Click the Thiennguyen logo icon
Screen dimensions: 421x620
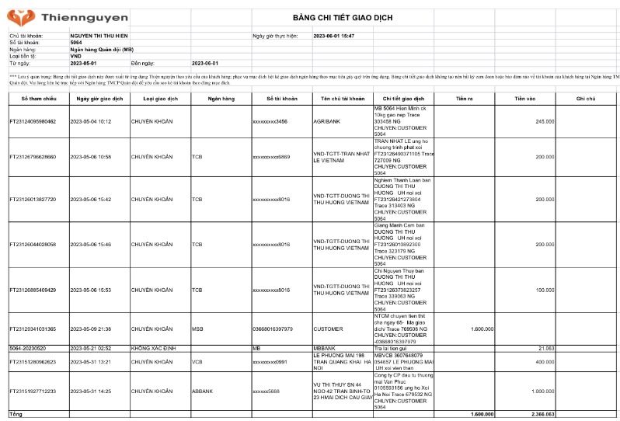tap(17, 15)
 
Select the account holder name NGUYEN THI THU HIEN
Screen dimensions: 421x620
tap(98, 36)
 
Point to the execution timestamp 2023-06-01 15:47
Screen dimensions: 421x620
tap(333, 36)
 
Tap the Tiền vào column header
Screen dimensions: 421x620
tap(525, 99)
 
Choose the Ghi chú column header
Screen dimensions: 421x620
tap(585, 99)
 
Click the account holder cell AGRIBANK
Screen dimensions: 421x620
tap(327, 121)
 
